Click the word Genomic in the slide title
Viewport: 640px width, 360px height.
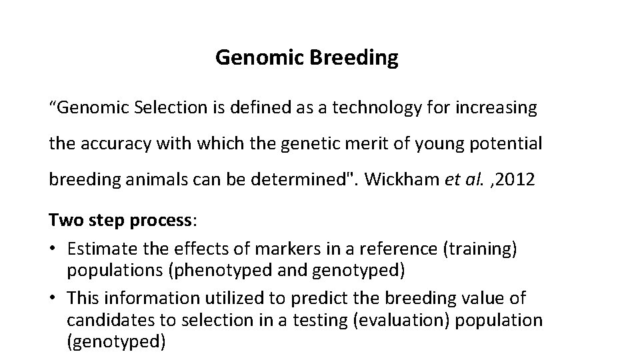click(x=261, y=59)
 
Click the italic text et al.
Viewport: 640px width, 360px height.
click(x=461, y=179)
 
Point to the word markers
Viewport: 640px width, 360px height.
click(x=251, y=248)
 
